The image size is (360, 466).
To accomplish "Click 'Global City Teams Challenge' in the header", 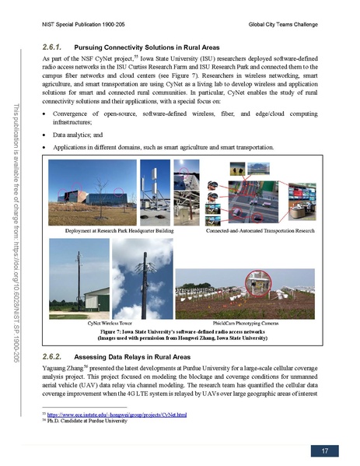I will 291,26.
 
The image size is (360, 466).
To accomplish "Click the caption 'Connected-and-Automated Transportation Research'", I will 260,230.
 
